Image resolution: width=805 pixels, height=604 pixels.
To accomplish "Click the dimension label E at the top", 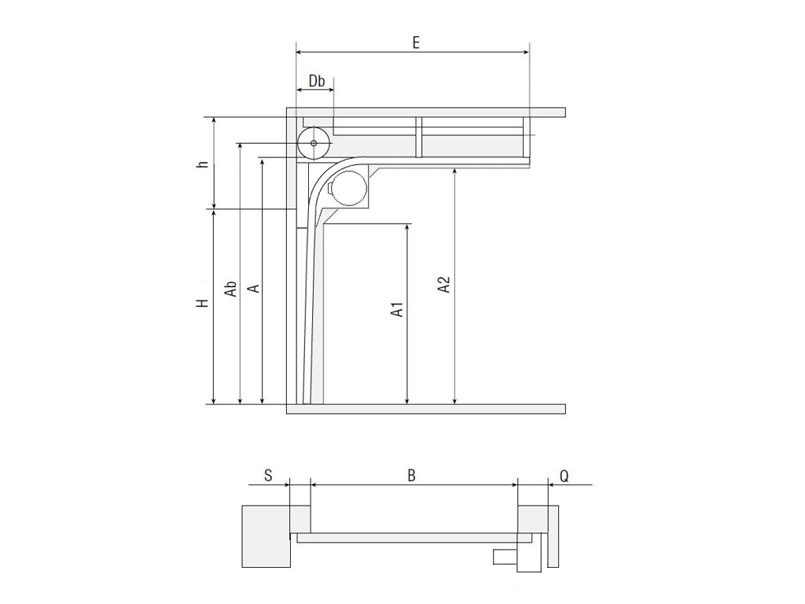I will tap(415, 42).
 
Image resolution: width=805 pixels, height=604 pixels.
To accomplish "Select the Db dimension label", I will tap(316, 81).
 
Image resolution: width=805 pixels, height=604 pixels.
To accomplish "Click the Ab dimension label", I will tap(231, 289).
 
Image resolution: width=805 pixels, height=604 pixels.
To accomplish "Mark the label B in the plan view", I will tap(411, 475).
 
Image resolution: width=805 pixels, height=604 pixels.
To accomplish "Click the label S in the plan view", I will tap(268, 475).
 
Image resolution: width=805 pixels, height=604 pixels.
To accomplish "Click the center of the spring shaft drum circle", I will tap(314, 143).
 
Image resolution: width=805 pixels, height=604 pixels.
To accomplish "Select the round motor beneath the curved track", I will tap(347, 189).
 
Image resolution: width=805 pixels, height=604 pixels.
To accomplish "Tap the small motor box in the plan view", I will tap(503, 558).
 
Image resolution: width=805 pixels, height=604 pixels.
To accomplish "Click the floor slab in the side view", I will tap(425, 409).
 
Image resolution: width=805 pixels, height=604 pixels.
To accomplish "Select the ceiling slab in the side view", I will tap(425, 112).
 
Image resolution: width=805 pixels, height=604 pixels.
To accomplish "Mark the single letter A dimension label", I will tap(253, 288).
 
